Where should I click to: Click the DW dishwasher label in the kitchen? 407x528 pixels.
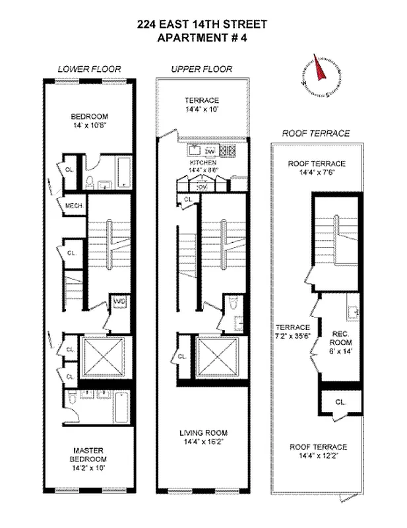[210, 151]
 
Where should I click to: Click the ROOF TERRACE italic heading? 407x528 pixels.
[315, 133]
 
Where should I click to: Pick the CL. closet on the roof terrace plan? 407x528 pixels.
[340, 401]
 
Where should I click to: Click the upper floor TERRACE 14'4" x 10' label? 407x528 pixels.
[202, 105]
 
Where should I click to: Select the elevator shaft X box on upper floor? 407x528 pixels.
[218, 356]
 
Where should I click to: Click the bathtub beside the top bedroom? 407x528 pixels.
[123, 171]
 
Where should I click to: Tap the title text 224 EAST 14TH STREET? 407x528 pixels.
[203, 24]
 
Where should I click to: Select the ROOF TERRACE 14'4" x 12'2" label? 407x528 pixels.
[318, 451]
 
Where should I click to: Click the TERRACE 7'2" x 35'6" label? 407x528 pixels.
[293, 331]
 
